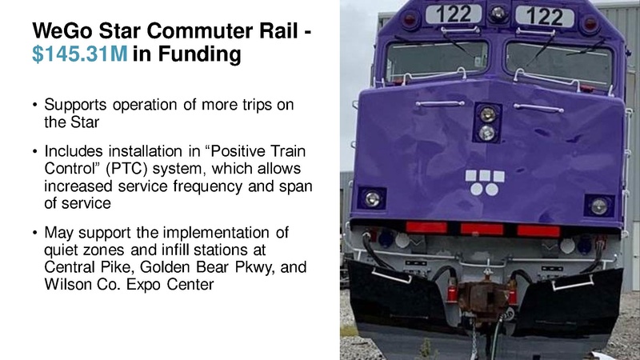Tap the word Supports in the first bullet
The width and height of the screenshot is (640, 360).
coord(75,106)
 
